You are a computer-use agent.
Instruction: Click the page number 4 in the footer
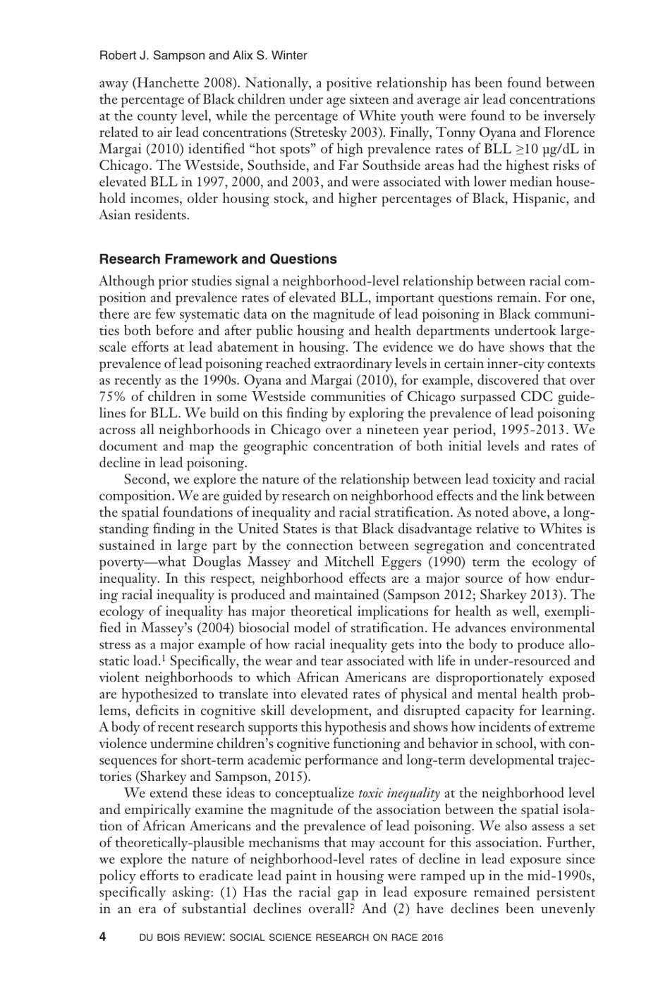[x=103, y=937]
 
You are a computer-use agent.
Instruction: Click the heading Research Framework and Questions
[x=218, y=259]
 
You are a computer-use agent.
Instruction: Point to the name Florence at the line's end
[x=568, y=133]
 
